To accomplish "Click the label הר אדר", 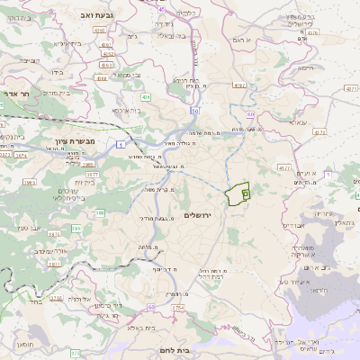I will [x=15, y=93].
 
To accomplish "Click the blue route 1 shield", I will [x=120, y=144].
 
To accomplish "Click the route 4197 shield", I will [x=238, y=85].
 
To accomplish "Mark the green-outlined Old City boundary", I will [x=238, y=194].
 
